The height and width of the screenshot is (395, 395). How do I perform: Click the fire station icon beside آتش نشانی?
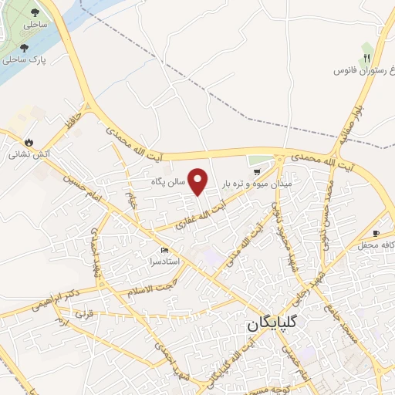click(29, 142)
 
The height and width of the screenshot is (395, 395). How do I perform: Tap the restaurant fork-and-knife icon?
click(368, 57)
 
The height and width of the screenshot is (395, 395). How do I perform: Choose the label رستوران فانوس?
click(362, 70)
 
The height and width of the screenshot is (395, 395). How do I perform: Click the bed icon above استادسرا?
click(164, 251)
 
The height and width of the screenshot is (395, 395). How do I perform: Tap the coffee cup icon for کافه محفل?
click(376, 233)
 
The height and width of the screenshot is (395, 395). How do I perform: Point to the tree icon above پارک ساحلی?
click(25, 48)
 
